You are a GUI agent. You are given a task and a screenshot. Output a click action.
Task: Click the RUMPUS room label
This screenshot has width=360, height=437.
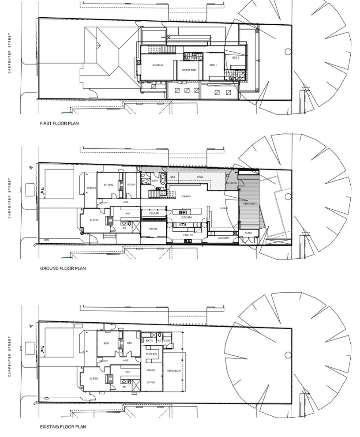tap(157, 65)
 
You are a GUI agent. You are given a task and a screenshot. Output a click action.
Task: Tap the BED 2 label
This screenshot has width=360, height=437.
tap(236, 58)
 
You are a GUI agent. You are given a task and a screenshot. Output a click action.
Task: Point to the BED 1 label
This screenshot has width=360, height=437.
tap(213, 65)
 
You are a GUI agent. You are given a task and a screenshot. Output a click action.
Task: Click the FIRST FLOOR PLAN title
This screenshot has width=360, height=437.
tap(59, 124)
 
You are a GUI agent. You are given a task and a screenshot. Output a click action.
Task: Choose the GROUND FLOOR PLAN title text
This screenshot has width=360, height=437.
tap(63, 268)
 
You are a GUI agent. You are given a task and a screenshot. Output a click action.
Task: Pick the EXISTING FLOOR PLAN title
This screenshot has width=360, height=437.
tap(63, 427)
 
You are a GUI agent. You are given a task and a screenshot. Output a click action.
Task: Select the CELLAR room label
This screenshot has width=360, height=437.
tap(154, 213)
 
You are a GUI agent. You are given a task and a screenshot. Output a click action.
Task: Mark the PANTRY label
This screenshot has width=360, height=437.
tap(189, 235)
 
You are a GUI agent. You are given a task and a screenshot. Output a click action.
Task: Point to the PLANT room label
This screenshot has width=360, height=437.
tap(248, 233)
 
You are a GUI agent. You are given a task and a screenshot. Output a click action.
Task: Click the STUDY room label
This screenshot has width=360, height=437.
tap(131, 185)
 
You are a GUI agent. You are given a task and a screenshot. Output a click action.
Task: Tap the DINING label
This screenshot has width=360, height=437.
tap(186, 196)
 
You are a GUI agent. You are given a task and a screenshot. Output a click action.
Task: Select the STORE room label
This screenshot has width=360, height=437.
tap(153, 229)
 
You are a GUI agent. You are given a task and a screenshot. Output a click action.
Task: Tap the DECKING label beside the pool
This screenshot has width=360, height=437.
tap(232, 183)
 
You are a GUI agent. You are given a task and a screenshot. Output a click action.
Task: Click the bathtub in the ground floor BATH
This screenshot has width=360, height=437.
tap(162, 180)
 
